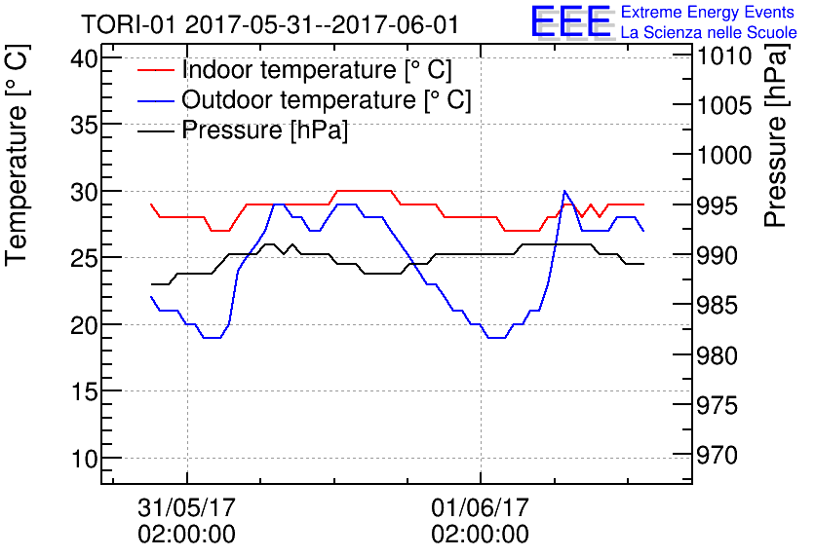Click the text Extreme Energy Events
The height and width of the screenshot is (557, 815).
tap(710, 13)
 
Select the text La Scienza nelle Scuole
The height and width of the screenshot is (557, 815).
tap(709, 32)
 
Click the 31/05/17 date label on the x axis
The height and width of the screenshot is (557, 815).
tap(187, 508)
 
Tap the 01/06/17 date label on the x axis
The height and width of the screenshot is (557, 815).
tap(481, 508)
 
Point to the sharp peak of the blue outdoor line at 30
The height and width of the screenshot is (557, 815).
tap(564, 192)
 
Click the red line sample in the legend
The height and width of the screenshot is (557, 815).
tap(156, 71)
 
